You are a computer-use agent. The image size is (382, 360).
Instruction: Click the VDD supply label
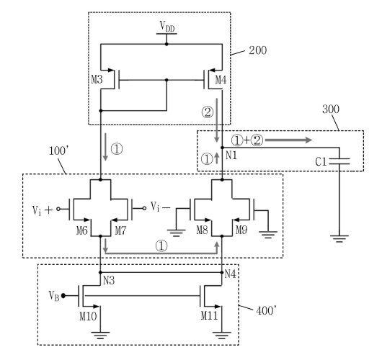pyautogui.click(x=167, y=27)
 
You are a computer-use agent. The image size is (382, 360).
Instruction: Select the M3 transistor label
pyautogui.click(x=97, y=80)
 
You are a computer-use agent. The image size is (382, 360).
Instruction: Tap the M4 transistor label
pyautogui.click(x=221, y=80)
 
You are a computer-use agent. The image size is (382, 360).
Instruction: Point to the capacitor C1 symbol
pyautogui.click(x=339, y=161)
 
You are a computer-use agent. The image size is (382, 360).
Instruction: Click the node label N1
pyautogui.click(x=231, y=156)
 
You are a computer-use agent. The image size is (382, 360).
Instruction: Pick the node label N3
pyautogui.click(x=109, y=281)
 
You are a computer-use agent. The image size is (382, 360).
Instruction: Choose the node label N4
pyautogui.click(x=230, y=274)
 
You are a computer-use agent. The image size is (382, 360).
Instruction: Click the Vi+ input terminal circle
pyautogui.click(x=58, y=209)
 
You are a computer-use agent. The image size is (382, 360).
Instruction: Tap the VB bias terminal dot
pyautogui.click(x=63, y=296)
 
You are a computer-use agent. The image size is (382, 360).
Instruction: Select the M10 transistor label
pyautogui.click(x=88, y=316)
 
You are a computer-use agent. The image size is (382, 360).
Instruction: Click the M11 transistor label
pyautogui.click(x=209, y=315)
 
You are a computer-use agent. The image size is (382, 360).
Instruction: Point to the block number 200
pyautogui.click(x=258, y=50)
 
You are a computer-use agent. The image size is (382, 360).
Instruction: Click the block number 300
pyautogui.click(x=331, y=109)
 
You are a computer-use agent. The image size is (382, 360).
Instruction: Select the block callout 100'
pyautogui.click(x=58, y=151)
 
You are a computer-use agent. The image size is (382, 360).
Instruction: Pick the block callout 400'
pyautogui.click(x=266, y=310)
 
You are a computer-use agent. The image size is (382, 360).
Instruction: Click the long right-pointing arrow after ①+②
pyautogui.click(x=288, y=140)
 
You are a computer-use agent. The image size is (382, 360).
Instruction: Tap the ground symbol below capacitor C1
pyautogui.click(x=339, y=238)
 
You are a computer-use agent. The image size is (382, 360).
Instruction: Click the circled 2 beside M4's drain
pyautogui.click(x=208, y=112)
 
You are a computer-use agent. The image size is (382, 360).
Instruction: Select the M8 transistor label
pyautogui.click(x=203, y=230)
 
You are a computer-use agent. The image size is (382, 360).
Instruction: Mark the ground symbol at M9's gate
pyautogui.click(x=268, y=235)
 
